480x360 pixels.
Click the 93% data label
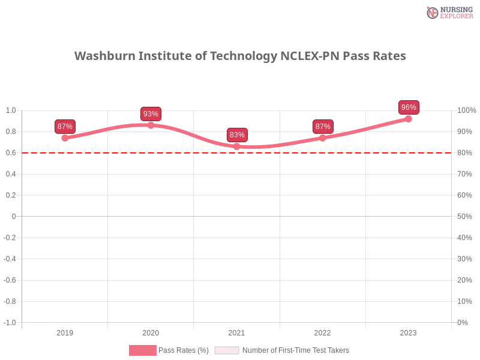[151, 114]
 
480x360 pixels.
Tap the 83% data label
[237, 135]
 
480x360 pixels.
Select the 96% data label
[409, 107]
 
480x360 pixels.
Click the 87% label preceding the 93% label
[64, 126]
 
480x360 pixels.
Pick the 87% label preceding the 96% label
[323, 126]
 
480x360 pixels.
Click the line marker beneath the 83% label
[237, 146]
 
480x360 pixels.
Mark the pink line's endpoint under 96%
[410, 119]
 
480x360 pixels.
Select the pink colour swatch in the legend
[142, 350]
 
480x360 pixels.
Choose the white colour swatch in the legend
[227, 350]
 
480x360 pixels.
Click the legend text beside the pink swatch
[185, 350]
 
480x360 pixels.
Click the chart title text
[240, 56]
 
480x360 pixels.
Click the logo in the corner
[449, 12]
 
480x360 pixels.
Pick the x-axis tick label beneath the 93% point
[151, 331]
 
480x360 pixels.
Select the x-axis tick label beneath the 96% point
[409, 331]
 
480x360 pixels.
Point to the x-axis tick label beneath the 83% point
[236, 331]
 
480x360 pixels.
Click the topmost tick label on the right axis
[466, 110]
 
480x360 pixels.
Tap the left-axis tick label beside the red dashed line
[12, 152]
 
